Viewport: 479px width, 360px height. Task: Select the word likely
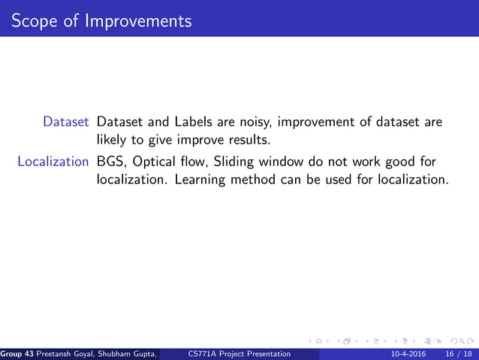[x=113, y=140]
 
